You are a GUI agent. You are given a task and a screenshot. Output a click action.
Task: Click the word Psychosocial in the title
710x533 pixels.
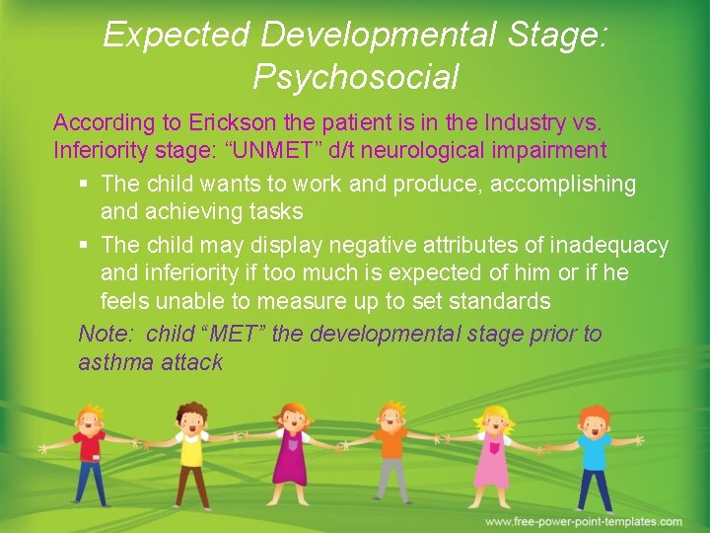tap(356, 76)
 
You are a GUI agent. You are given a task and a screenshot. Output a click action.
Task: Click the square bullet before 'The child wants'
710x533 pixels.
tap(83, 185)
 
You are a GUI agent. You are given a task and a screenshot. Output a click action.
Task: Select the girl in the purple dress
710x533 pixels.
tap(293, 454)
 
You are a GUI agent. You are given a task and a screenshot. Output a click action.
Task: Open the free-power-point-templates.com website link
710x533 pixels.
tap(583, 521)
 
